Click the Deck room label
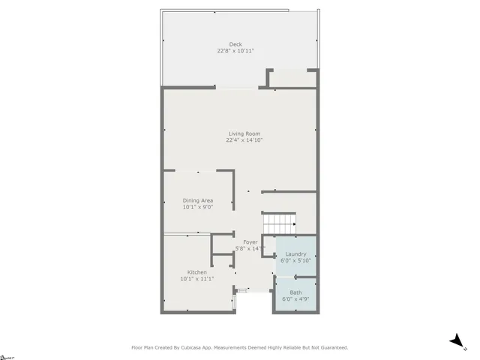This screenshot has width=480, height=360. pos(235,44)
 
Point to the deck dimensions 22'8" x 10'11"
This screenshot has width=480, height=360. pos(235,51)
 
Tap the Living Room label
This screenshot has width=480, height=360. pos(244,133)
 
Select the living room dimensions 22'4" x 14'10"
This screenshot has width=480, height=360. pos(244,140)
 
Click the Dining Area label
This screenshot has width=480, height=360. pos(198,200)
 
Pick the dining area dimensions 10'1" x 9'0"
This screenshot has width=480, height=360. pos(198,207)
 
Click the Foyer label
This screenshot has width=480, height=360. pos(250,242)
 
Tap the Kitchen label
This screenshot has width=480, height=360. pos(197,272)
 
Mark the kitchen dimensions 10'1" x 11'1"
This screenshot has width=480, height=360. pos(197,279)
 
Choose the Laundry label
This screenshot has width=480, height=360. pos(295,254)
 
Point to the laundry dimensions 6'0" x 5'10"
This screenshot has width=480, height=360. pos(295,261)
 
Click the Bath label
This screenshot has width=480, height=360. pos(295,292)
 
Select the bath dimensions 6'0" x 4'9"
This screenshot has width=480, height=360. pos(295,299)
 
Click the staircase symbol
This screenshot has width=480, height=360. pos(279,223)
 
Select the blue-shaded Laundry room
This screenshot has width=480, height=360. pos(295,244)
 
